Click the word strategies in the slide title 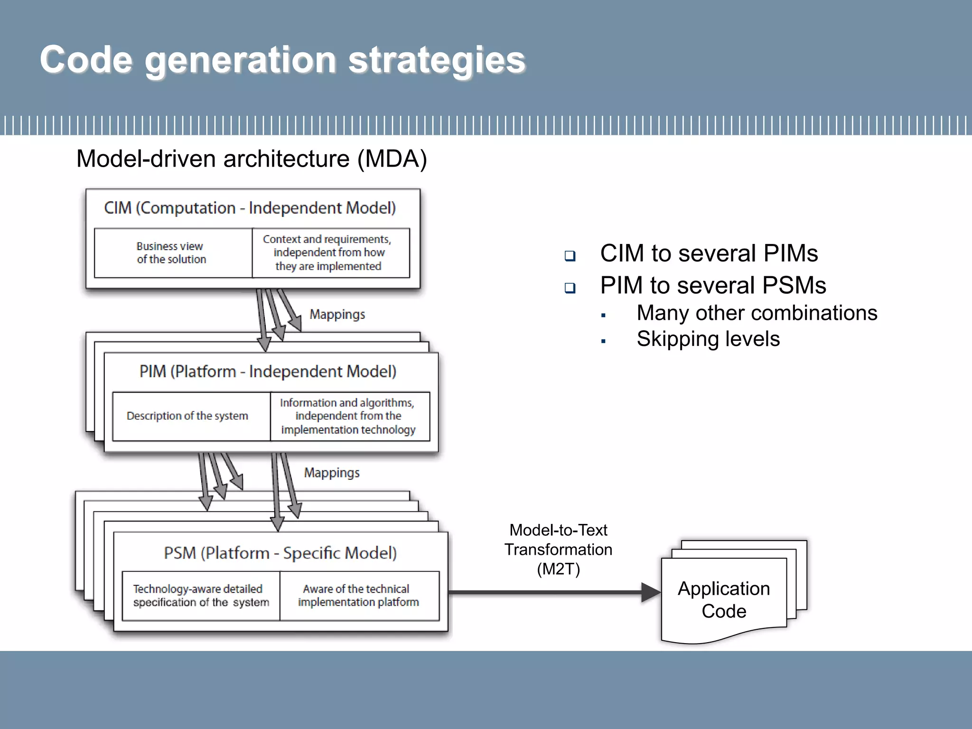[437, 60]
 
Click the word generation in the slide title [241, 60]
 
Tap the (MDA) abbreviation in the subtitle [392, 159]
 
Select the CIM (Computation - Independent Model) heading [250, 208]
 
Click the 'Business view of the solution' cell [172, 253]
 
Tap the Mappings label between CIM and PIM [337, 315]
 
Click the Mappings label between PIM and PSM [332, 473]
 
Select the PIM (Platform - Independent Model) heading [268, 371]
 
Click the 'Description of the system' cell [187, 416]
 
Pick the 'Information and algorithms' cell [348, 416]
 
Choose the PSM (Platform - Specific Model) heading [280, 553]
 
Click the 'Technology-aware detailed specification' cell [200, 596]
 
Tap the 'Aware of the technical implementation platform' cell [358, 596]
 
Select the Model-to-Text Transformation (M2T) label [558, 549]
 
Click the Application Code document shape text [724, 599]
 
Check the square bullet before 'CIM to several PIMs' [570, 256]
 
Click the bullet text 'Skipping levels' [708, 339]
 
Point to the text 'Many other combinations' [757, 313]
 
